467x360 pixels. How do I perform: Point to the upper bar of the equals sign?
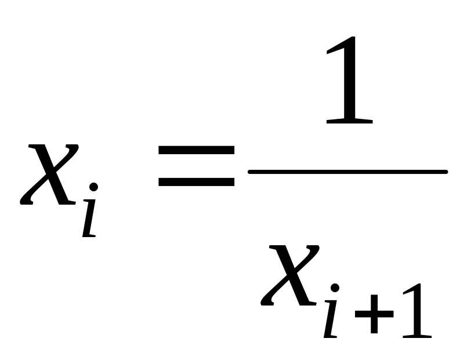click(x=196, y=150)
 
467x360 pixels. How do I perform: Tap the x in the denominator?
click(x=290, y=275)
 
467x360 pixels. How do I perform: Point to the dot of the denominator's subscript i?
click(x=335, y=288)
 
